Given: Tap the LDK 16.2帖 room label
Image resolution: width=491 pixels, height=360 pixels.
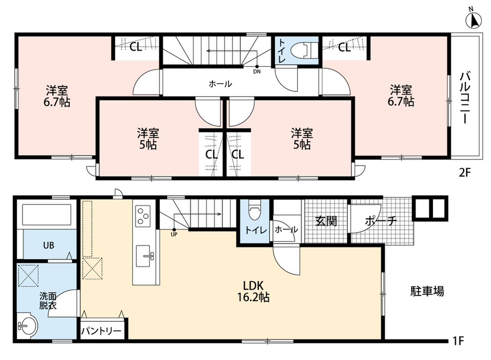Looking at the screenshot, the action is pyautogui.click(x=253, y=291).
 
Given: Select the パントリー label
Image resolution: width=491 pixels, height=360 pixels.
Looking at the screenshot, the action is pyautogui.click(x=101, y=331).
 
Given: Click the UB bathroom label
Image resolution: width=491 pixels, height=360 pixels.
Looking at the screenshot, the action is pyautogui.click(x=49, y=245).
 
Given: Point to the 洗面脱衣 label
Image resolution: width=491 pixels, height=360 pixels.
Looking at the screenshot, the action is pyautogui.click(x=48, y=301).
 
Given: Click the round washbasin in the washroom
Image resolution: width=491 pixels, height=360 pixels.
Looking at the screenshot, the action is pyautogui.click(x=27, y=325).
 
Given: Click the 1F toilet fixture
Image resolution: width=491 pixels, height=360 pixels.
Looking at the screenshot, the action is pyautogui.click(x=255, y=211).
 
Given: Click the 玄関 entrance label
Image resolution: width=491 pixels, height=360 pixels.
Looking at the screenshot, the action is pyautogui.click(x=326, y=221).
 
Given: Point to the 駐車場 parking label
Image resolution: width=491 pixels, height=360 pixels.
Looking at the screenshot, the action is pyautogui.click(x=427, y=292).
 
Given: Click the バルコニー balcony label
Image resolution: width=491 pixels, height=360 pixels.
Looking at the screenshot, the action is pyautogui.click(x=465, y=97).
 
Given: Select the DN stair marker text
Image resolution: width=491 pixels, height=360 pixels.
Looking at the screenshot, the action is pyautogui.click(x=257, y=72).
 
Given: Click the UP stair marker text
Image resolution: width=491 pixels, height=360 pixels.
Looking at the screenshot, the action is pyautogui.click(x=174, y=234).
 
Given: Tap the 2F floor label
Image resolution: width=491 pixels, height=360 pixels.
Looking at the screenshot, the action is pyautogui.click(x=465, y=172).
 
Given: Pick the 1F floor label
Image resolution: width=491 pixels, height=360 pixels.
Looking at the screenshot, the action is pyautogui.click(x=458, y=341).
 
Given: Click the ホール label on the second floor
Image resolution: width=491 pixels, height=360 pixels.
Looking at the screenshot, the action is pyautogui.click(x=221, y=84).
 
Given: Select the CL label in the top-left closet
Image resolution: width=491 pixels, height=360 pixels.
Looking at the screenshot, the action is pyautogui.click(x=136, y=47).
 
